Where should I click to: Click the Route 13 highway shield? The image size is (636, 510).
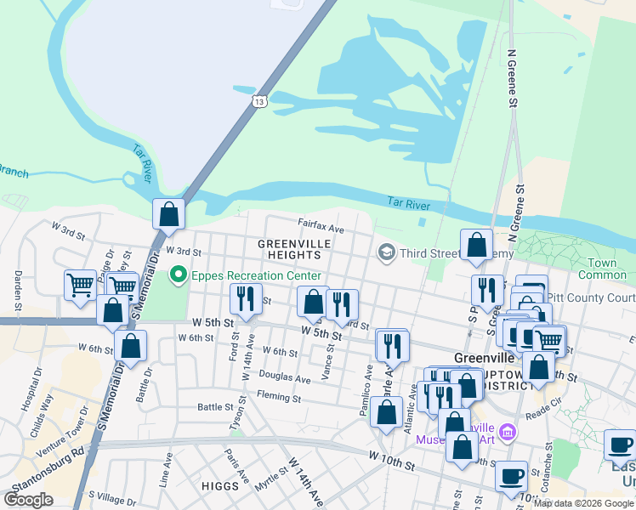click(x=259, y=102)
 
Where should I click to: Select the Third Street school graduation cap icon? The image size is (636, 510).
click(x=387, y=252)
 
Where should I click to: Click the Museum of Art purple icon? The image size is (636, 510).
click(x=508, y=432)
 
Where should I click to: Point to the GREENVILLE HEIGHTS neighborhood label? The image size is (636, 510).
click(x=294, y=249)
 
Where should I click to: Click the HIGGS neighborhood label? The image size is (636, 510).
click(x=219, y=485)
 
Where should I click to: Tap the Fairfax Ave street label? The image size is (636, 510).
click(x=321, y=229)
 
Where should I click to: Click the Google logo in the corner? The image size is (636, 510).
click(x=28, y=499)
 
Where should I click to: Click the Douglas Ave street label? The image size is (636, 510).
click(x=285, y=377)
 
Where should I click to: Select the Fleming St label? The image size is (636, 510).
click(x=280, y=397)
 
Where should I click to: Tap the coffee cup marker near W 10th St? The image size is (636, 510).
click(x=512, y=476)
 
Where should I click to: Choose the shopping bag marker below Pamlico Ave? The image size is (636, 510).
click(x=387, y=412)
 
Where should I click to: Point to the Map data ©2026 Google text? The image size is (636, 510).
click(x=583, y=502)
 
